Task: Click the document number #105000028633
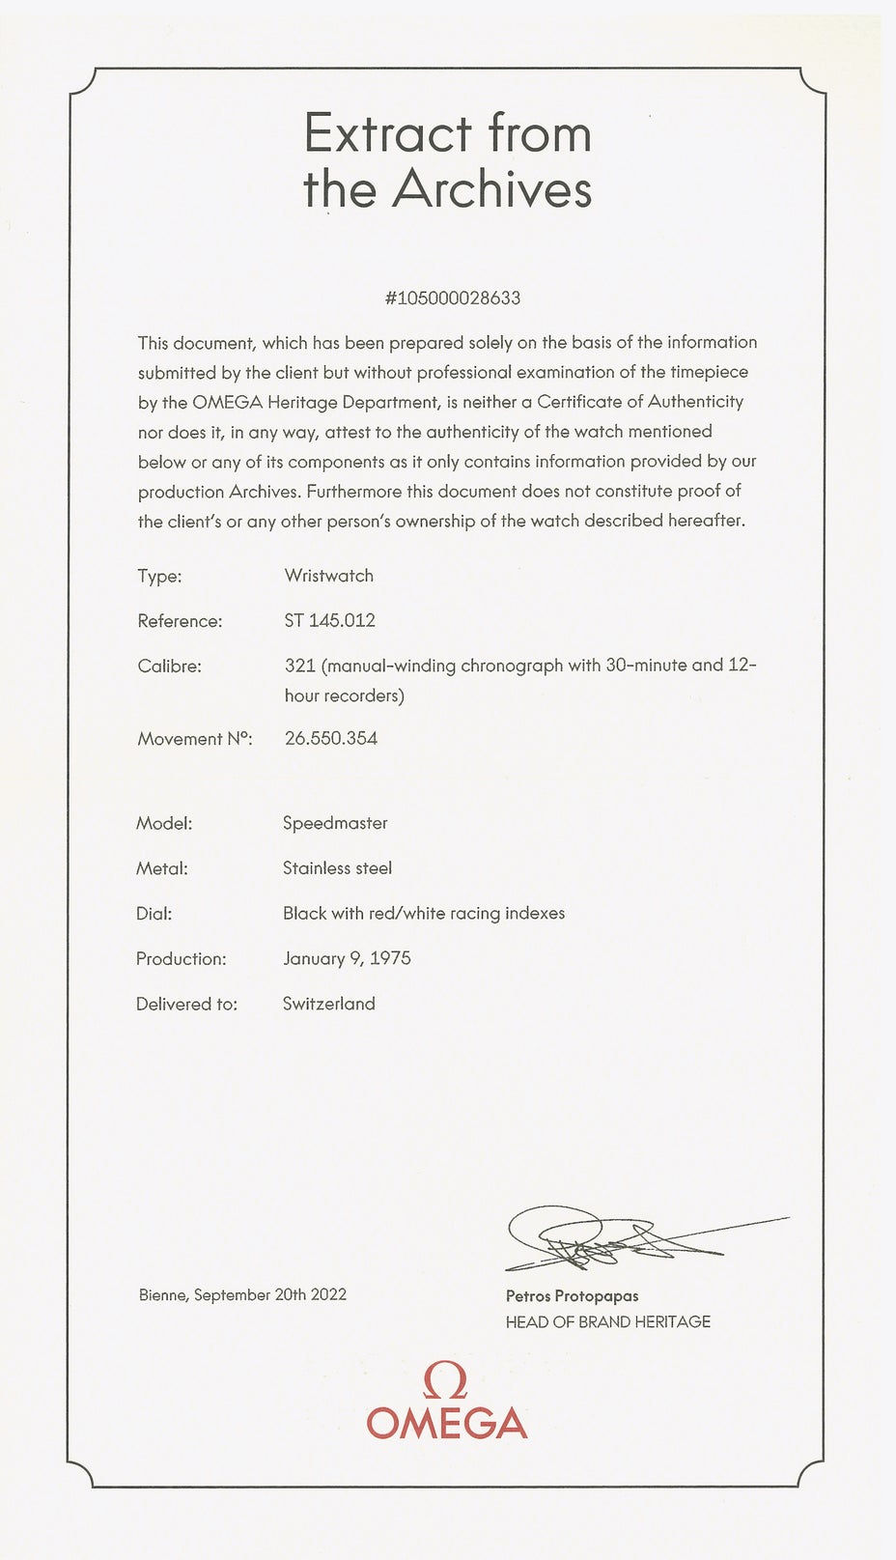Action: click(x=452, y=298)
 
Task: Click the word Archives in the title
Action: click(x=491, y=188)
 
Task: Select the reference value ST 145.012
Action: click(x=329, y=621)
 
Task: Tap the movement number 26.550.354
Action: click(x=331, y=739)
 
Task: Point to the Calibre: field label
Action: click(x=170, y=667)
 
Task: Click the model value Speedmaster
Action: click(x=335, y=824)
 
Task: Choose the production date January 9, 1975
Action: click(x=347, y=959)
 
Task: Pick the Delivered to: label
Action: click(x=186, y=1005)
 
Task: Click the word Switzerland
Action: click(x=329, y=1005)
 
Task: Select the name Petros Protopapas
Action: click(x=572, y=1296)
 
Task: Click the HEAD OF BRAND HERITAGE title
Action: click(x=608, y=1322)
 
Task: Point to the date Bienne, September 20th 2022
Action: click(x=242, y=1295)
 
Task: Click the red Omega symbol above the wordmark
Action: click(x=447, y=1382)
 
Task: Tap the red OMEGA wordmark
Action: click(x=447, y=1424)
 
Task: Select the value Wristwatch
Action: click(x=329, y=576)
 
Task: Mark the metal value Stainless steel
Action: click(x=337, y=868)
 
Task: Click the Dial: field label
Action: click(x=154, y=914)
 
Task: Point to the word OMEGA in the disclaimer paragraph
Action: click(x=227, y=402)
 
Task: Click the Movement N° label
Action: click(x=194, y=739)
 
